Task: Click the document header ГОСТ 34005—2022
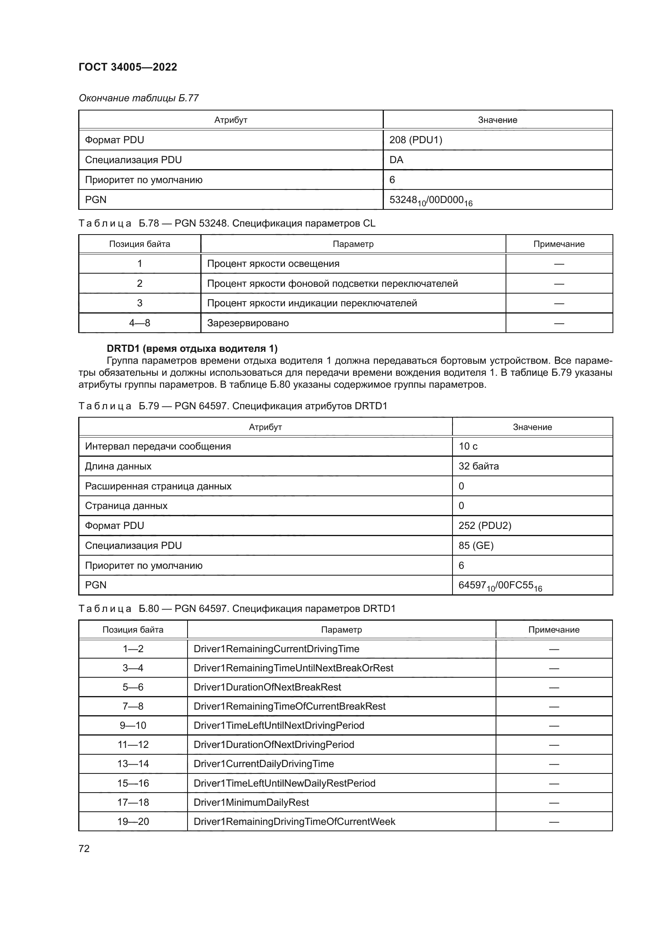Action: click(x=128, y=67)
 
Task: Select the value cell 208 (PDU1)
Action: click(x=415, y=140)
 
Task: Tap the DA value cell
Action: click(x=396, y=160)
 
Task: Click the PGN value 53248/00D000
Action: click(x=431, y=200)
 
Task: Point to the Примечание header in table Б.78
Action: click(x=559, y=244)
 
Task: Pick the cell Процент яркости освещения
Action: click(x=273, y=263)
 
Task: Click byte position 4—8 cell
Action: click(x=139, y=323)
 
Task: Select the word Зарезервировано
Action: click(x=248, y=323)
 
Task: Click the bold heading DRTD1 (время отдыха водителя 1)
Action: click(x=192, y=348)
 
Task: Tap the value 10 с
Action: click(x=468, y=446)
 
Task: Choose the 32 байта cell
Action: click(x=478, y=466)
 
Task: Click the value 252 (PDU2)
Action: click(x=484, y=525)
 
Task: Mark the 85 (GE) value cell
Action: click(x=476, y=545)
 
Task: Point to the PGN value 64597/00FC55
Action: click(x=500, y=586)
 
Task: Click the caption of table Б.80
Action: click(x=237, y=608)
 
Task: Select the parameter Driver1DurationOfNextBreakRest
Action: click(x=267, y=687)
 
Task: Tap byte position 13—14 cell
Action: click(x=133, y=763)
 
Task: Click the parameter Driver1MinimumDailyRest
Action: click(x=251, y=802)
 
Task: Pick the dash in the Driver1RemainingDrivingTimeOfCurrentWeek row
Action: click(x=553, y=822)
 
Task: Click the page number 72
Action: click(x=84, y=848)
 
